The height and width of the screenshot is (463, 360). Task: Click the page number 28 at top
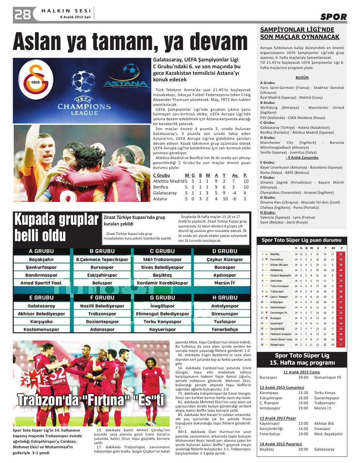[23, 14]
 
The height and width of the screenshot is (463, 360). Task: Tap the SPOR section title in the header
[333, 17]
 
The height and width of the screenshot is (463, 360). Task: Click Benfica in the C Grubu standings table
[160, 187]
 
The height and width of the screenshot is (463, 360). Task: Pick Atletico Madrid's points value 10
[246, 181]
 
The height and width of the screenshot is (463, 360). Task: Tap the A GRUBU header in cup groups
[41, 251]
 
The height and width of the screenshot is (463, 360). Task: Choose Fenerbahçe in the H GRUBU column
[225, 329]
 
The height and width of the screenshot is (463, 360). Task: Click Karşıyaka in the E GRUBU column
[41, 322]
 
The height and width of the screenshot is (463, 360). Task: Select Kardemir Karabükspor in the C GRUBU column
[162, 283]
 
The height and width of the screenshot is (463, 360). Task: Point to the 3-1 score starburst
[32, 379]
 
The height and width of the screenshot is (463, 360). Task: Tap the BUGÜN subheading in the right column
[302, 78]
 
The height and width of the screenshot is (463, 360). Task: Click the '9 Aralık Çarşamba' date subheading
[302, 157]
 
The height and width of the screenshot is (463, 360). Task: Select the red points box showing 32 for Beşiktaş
[341, 254]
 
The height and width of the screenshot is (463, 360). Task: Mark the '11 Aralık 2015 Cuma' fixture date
[301, 372]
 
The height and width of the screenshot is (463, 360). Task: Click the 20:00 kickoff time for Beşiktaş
[303, 449]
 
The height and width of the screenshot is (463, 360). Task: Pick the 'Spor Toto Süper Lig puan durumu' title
[301, 240]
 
